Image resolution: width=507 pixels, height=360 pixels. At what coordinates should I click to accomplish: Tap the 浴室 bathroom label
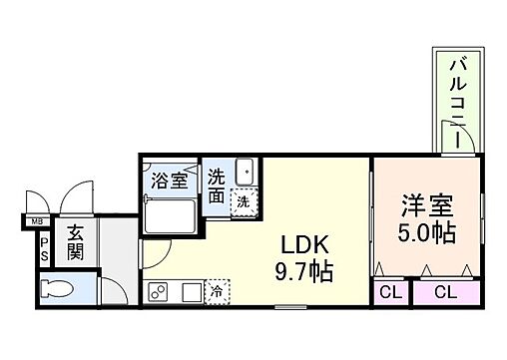[169, 181]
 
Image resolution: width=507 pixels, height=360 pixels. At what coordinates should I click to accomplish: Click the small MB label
[36, 220]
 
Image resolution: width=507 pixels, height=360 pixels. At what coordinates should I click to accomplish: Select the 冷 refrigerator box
[217, 292]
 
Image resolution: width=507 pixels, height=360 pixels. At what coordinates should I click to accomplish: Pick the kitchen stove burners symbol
[159, 291]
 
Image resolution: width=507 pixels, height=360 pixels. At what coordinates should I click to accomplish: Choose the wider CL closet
[445, 292]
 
